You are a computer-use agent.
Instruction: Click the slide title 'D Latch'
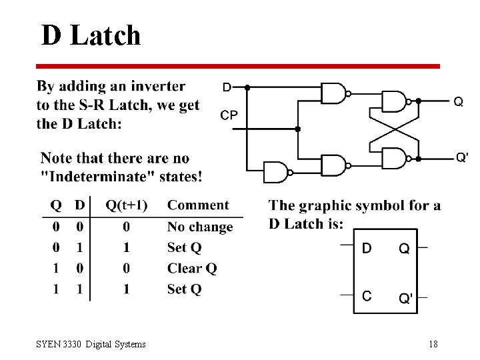pyautogui.click(x=91, y=35)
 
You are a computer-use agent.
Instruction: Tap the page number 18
pyautogui.click(x=433, y=344)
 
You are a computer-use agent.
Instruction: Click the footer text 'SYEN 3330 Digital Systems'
pyautogui.click(x=91, y=344)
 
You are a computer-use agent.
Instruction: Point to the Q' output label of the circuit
pyautogui.click(x=462, y=157)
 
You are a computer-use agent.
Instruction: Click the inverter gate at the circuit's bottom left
pyautogui.click(x=276, y=171)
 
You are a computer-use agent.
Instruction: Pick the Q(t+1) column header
pyautogui.click(x=127, y=205)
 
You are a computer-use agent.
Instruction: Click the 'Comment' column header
pyautogui.click(x=197, y=205)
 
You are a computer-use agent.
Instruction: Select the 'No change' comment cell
pyautogui.click(x=199, y=227)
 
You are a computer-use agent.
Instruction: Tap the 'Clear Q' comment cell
pyautogui.click(x=192, y=269)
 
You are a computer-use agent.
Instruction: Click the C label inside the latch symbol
pyautogui.click(x=367, y=296)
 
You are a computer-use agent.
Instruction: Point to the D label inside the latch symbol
pyautogui.click(x=367, y=248)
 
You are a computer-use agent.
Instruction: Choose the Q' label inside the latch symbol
pyautogui.click(x=405, y=297)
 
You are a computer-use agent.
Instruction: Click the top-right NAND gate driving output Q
pyautogui.click(x=394, y=101)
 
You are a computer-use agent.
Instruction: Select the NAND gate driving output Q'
pyautogui.click(x=394, y=159)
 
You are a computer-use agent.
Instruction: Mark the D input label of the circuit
pyautogui.click(x=227, y=87)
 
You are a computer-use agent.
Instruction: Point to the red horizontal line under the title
pyautogui.click(x=237, y=66)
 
